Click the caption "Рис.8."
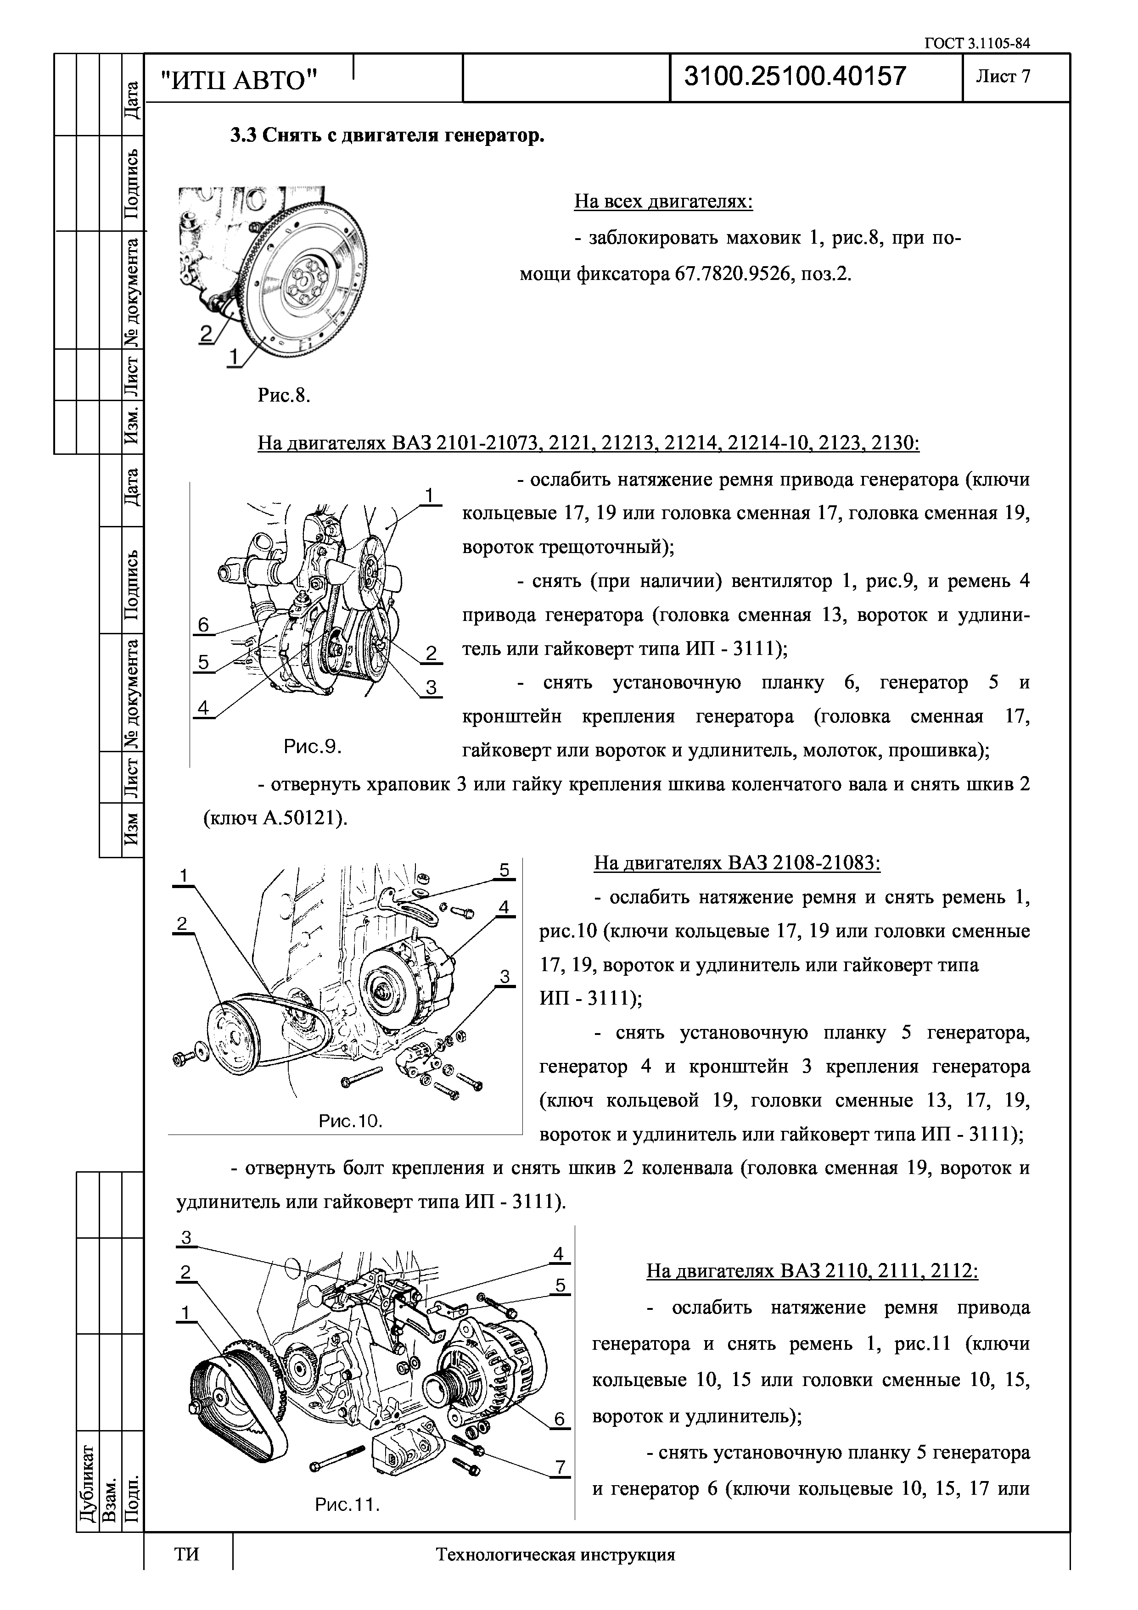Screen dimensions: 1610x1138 click(283, 396)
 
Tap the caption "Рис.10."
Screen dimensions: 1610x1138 click(351, 1121)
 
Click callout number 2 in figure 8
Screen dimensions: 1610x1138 click(206, 334)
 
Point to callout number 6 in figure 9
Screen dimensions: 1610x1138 click(203, 625)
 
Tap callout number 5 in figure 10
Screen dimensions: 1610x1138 click(504, 870)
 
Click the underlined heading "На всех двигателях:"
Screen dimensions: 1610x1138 click(663, 202)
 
